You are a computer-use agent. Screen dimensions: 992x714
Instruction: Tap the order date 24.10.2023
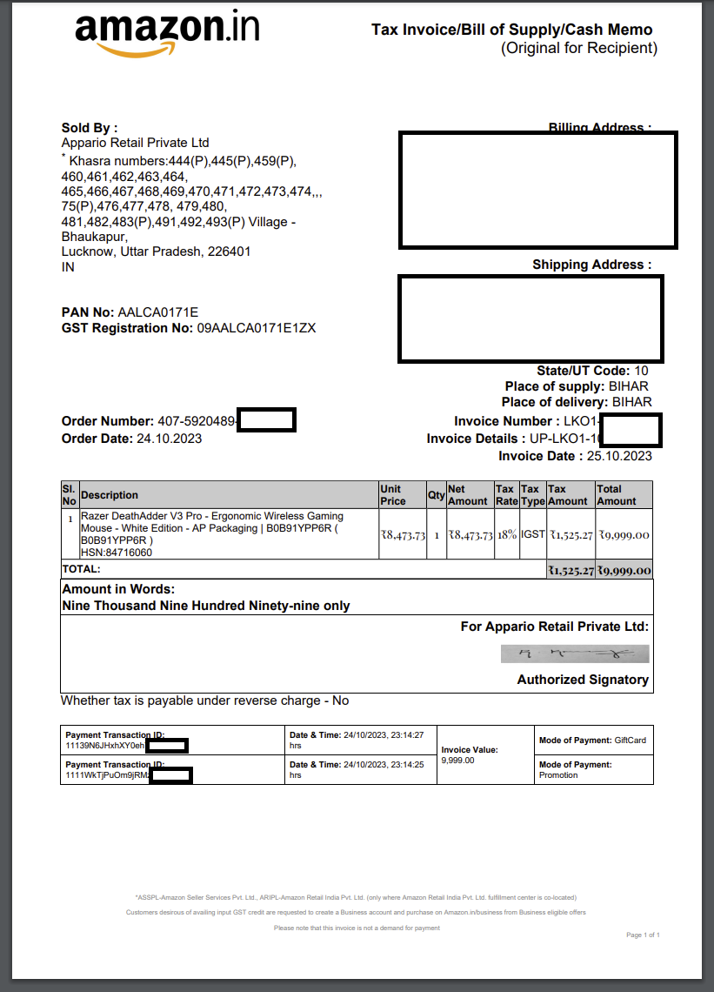click(x=169, y=439)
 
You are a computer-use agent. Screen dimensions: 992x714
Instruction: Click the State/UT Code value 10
click(x=641, y=371)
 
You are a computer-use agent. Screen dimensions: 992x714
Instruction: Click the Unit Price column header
click(x=393, y=495)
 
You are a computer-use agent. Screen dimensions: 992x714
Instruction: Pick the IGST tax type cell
click(x=532, y=534)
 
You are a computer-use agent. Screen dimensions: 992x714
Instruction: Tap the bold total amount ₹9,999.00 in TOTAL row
click(x=624, y=571)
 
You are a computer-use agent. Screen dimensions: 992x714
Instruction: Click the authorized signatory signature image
click(x=575, y=654)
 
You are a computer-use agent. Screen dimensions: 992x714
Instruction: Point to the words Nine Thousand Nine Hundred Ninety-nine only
click(x=205, y=606)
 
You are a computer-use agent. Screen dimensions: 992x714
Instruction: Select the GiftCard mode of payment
click(x=630, y=741)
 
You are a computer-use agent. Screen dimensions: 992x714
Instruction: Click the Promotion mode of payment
click(x=558, y=775)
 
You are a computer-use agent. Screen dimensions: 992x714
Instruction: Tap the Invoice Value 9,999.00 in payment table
click(x=458, y=761)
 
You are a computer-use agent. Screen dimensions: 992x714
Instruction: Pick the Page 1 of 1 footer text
click(x=643, y=935)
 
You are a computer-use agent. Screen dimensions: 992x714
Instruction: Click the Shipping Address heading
click(x=591, y=265)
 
